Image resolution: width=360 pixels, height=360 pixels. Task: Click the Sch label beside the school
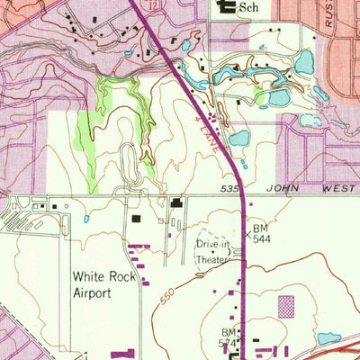coord(249,10)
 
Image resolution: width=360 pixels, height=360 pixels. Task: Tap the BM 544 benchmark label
coord(261,235)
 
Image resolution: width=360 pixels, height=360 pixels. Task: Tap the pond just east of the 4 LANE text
coord(238,139)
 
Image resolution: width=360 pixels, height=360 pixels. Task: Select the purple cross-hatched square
coord(286,306)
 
